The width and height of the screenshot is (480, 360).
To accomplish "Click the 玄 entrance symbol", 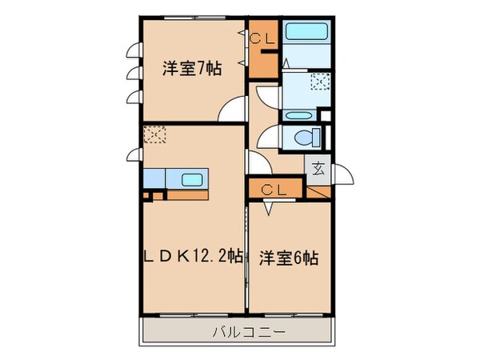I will [x=318, y=169].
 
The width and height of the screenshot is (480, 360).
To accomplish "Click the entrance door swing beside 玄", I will [x=342, y=174].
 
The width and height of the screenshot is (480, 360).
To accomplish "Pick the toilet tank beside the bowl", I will [x=317, y=138].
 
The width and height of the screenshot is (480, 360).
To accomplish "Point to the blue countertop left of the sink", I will [x=156, y=178].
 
